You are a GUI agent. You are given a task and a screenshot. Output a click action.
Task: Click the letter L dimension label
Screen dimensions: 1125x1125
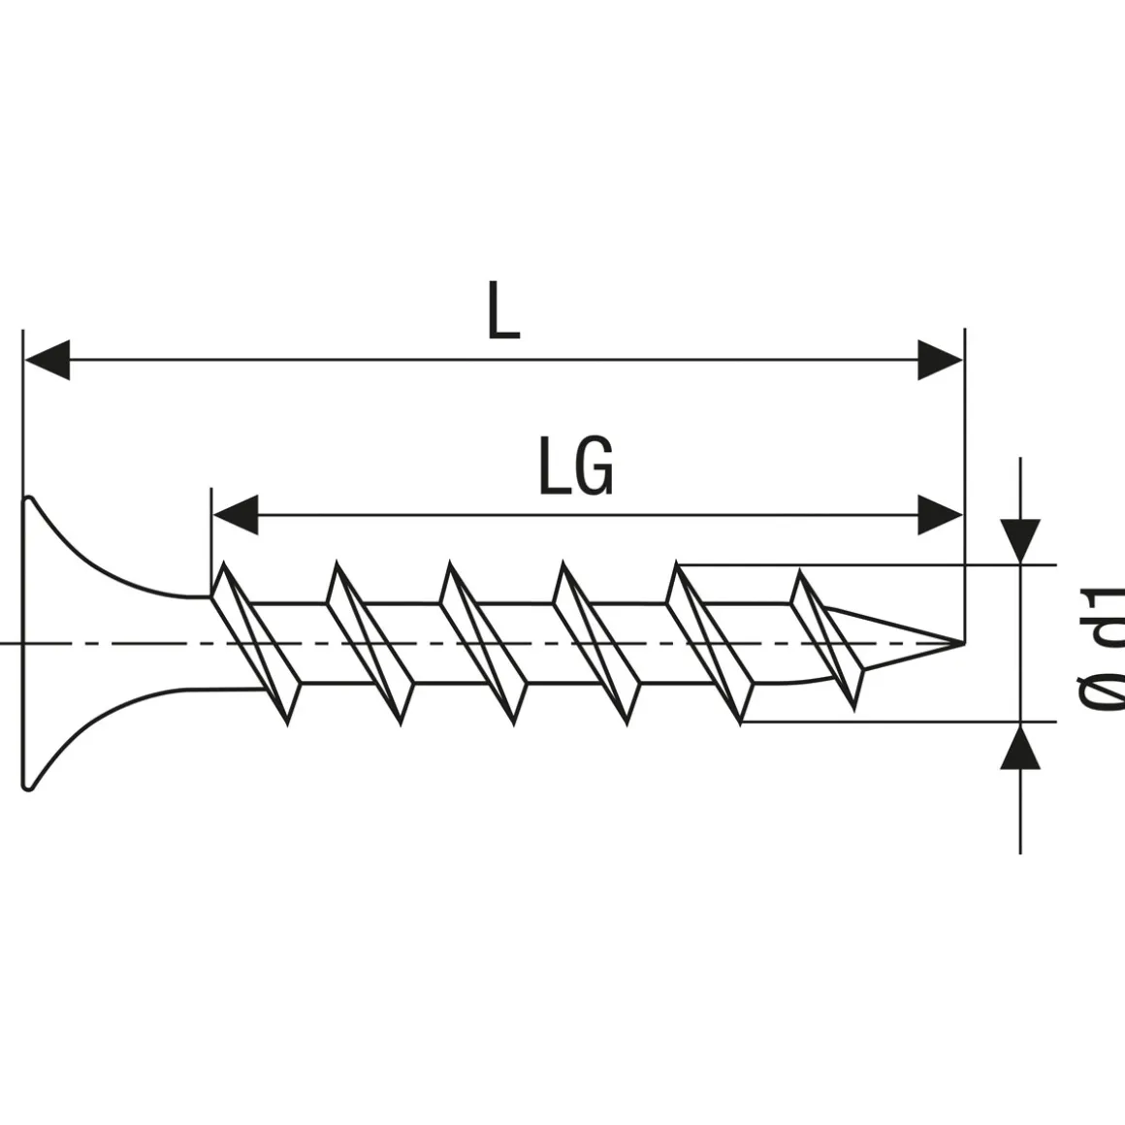(502, 313)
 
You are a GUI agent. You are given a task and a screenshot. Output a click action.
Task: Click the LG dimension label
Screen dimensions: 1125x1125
(576, 466)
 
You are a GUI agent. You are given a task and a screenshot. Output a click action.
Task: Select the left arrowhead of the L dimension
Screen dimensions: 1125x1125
(47, 360)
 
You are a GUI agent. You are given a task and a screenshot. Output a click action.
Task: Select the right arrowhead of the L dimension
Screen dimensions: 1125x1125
(940, 360)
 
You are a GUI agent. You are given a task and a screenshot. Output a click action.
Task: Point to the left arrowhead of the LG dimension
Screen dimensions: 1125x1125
(236, 514)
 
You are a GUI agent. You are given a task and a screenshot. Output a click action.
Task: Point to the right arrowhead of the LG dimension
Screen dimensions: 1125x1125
(940, 514)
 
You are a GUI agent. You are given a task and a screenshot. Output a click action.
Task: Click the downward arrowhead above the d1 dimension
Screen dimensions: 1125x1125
(1020, 539)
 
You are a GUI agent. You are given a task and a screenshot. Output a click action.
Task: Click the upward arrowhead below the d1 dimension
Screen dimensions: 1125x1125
(1020, 748)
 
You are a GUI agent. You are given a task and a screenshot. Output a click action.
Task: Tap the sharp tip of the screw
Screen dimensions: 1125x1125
(960, 641)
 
